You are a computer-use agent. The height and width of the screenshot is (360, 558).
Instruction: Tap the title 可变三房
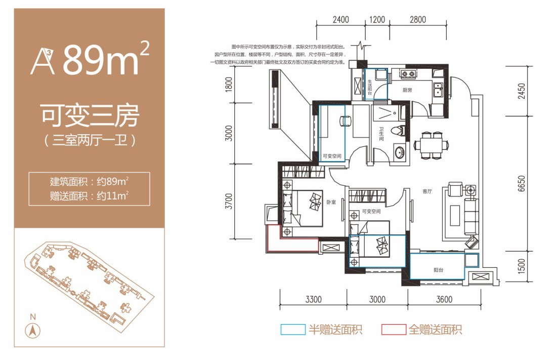tap(90, 117)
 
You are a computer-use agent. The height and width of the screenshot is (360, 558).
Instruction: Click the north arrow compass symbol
tap(33, 332)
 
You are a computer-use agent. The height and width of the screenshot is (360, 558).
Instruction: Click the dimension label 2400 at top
tap(341, 20)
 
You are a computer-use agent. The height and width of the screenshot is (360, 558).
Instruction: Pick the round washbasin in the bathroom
tap(400, 152)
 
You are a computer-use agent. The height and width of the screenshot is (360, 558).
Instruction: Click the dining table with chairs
tap(431, 145)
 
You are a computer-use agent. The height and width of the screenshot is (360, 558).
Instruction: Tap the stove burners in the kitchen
tap(408, 75)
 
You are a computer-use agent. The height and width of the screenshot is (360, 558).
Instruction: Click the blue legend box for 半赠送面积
tap(293, 330)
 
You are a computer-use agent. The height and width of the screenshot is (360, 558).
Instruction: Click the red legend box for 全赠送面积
tap(393, 330)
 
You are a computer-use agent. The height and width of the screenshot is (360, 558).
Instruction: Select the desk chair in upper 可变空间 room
tap(345, 121)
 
